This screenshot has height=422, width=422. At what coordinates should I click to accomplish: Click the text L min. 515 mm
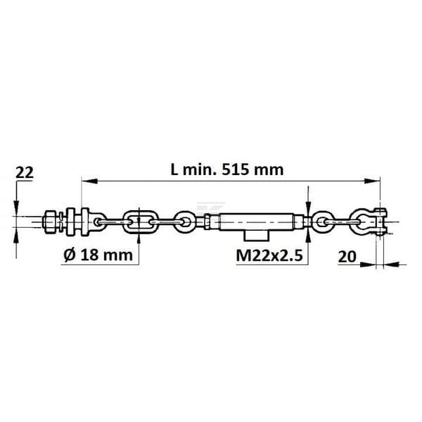point(227,170)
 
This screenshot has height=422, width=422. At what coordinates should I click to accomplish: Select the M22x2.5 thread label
point(269,255)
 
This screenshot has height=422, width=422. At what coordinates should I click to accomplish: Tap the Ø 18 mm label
point(98,255)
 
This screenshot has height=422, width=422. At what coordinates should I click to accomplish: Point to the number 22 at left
point(24,172)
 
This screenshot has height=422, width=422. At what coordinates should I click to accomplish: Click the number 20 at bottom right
point(347,257)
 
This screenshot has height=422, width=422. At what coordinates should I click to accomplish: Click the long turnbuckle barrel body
point(257,222)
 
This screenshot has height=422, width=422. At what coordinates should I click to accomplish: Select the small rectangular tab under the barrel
point(256,236)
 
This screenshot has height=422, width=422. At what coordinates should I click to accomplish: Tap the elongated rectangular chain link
point(139,222)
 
